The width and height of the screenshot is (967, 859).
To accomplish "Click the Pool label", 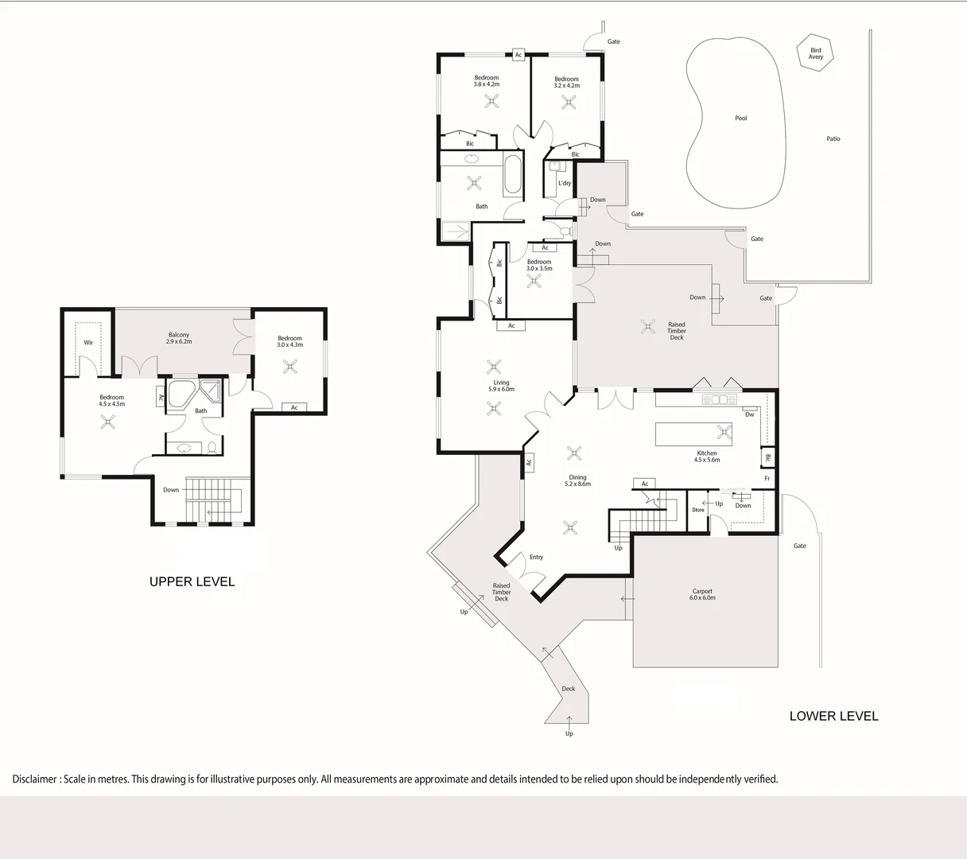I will click(x=740, y=119).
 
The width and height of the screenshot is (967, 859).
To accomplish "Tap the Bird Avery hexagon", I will click(x=816, y=53).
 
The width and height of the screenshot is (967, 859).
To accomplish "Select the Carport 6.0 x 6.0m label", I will click(x=702, y=594).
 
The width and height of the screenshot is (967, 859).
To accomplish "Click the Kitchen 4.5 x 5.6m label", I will click(x=706, y=457).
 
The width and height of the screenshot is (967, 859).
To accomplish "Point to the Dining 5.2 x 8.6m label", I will click(x=577, y=480).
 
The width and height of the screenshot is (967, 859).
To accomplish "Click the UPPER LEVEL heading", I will click(x=192, y=581).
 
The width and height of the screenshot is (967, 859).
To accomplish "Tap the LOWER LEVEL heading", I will click(x=833, y=716).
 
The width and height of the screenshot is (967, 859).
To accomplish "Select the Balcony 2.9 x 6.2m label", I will click(x=179, y=338).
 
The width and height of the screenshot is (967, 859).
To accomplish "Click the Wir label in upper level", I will click(x=88, y=343).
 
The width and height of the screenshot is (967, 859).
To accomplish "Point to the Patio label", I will click(x=833, y=139).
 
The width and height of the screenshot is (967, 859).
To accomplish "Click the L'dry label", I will click(x=565, y=183).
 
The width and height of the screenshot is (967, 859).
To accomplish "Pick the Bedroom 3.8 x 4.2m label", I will click(x=486, y=81).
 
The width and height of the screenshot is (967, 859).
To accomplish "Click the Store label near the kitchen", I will click(x=697, y=510).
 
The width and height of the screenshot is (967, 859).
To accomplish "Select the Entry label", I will click(x=536, y=558).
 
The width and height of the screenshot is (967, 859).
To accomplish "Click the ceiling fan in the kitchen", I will click(x=724, y=432).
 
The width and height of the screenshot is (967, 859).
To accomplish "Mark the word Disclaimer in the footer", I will click(x=34, y=779).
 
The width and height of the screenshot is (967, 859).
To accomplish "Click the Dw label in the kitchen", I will click(x=749, y=414).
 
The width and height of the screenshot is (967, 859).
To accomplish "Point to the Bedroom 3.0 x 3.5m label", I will click(x=538, y=265).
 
